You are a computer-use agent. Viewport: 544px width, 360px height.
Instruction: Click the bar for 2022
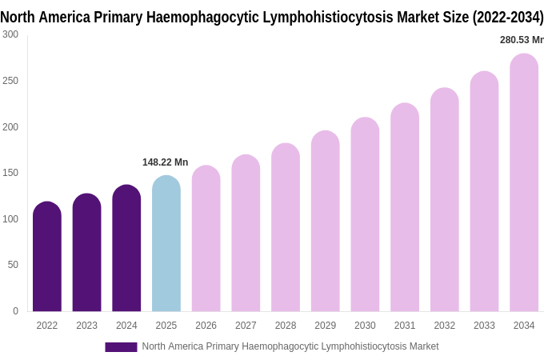click(47, 258)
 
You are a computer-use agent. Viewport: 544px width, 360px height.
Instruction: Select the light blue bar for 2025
click(166, 244)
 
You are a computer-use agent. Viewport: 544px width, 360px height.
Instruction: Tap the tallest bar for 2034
click(524, 184)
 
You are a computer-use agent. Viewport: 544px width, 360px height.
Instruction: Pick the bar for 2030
click(365, 216)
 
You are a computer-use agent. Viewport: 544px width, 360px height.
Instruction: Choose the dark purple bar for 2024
click(126, 249)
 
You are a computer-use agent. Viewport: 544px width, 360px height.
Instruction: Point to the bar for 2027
click(246, 234)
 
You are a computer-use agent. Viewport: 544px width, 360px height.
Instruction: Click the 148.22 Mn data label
click(165, 162)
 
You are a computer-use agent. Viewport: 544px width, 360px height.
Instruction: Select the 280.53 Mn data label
click(521, 40)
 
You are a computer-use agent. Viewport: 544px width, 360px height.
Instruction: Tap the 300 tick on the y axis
click(10, 34)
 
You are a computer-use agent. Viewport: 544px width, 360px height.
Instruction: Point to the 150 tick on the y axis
click(10, 173)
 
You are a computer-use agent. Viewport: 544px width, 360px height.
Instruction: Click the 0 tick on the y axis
click(15, 311)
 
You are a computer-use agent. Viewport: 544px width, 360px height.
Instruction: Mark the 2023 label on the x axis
click(86, 326)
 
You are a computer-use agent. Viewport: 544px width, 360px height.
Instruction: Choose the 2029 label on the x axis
click(325, 326)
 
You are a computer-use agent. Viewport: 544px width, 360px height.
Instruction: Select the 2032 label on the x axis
click(444, 326)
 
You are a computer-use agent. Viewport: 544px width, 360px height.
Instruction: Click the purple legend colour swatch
click(121, 347)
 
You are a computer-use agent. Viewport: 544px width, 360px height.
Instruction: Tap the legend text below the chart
click(290, 346)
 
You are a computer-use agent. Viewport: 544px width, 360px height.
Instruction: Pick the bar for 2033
click(484, 192)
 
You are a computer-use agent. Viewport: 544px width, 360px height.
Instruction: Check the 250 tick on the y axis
click(10, 81)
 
